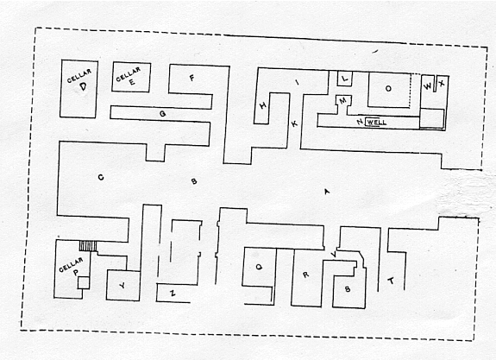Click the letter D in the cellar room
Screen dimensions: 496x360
83,86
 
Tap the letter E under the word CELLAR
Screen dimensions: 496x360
132,82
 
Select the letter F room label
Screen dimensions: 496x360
191,78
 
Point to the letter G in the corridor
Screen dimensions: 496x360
162,113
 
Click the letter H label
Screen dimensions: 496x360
262,105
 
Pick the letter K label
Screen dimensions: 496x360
294,123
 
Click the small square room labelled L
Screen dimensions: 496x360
345,79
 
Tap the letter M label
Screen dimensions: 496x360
343,101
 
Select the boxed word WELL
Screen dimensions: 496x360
376,123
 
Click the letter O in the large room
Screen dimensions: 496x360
388,89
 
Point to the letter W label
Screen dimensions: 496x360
427,85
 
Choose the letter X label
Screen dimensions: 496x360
442,83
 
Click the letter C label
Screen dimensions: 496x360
101,177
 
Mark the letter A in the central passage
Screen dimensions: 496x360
327,192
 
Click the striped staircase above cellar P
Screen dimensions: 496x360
88,246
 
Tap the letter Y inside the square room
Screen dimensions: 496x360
122,286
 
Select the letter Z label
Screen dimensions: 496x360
173,294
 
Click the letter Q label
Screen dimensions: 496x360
259,267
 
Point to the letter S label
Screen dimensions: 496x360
348,288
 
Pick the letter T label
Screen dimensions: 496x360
391,281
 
